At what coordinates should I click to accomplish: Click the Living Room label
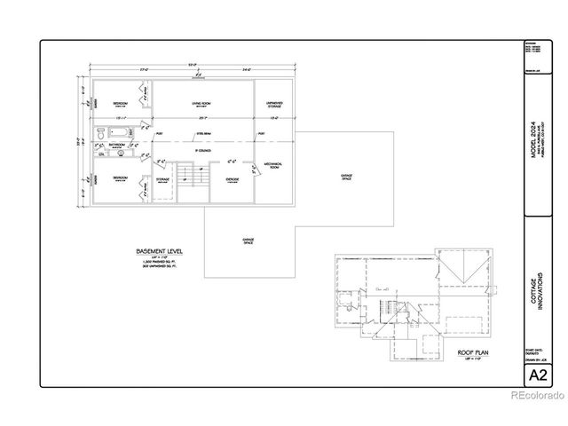(x=206, y=104)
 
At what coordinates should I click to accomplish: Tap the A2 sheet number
(x=538, y=375)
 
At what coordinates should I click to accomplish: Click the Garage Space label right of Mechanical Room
(x=346, y=177)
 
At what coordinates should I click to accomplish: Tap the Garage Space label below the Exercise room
(x=248, y=241)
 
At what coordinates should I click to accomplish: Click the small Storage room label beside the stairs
(x=162, y=179)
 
